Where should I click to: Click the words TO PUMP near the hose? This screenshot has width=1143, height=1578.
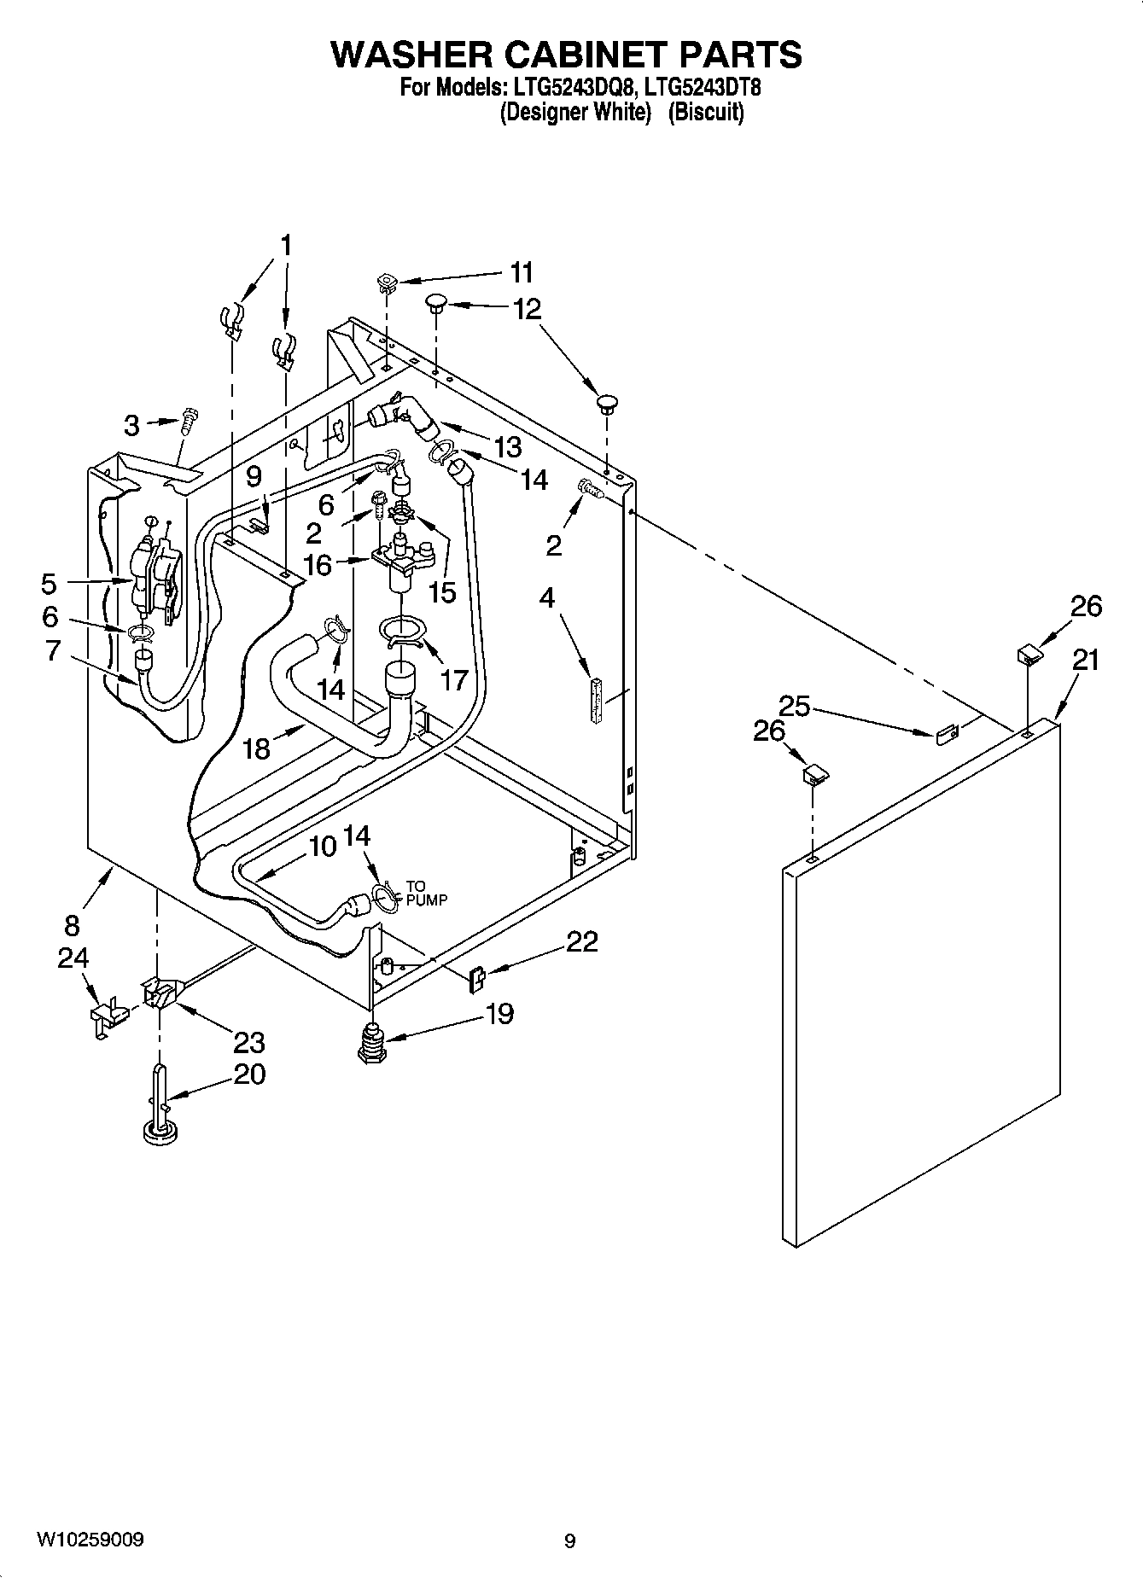pos(426,893)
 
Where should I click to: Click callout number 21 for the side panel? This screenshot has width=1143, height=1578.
pos(1086,660)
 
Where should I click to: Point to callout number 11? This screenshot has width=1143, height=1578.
pos(522,272)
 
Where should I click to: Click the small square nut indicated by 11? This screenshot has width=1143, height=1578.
pos(388,282)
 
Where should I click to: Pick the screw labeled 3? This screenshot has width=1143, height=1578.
pos(189,421)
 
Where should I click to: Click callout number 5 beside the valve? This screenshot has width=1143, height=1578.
pos(49,584)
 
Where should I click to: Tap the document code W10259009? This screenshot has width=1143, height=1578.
pos(90,1540)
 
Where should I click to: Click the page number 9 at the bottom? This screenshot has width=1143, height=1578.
pos(569,1540)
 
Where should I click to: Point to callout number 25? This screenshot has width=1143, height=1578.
pos(794,707)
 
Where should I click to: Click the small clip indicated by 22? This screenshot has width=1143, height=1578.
pos(478,978)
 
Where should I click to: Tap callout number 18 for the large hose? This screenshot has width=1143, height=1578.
pos(256,748)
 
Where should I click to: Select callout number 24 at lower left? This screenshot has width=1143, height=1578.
pos(73,958)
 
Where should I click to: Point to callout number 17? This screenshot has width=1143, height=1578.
pos(454,679)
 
